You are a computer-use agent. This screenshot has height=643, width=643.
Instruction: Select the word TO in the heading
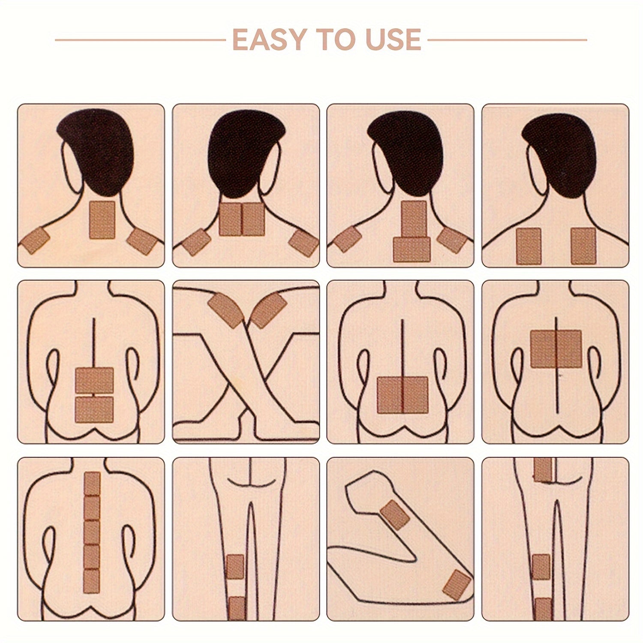[x=331, y=40]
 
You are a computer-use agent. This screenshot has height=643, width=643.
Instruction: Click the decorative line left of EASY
[x=141, y=40]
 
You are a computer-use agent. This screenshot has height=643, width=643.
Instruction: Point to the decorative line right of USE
[x=507, y=40]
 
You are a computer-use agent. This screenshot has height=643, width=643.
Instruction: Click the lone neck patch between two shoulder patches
[x=101, y=220]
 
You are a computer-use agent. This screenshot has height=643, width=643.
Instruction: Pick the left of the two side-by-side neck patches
[x=230, y=219]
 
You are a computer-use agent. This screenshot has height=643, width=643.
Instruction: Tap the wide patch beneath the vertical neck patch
[x=412, y=249]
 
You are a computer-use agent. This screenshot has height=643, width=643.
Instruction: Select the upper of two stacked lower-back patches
[x=94, y=380]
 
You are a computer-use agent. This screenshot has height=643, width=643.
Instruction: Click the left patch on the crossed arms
[x=225, y=309]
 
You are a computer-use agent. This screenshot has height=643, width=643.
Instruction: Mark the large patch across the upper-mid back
[x=556, y=349]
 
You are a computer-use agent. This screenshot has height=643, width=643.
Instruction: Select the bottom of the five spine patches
[x=92, y=581]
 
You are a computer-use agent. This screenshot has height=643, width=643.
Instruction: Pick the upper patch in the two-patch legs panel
[x=235, y=567]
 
